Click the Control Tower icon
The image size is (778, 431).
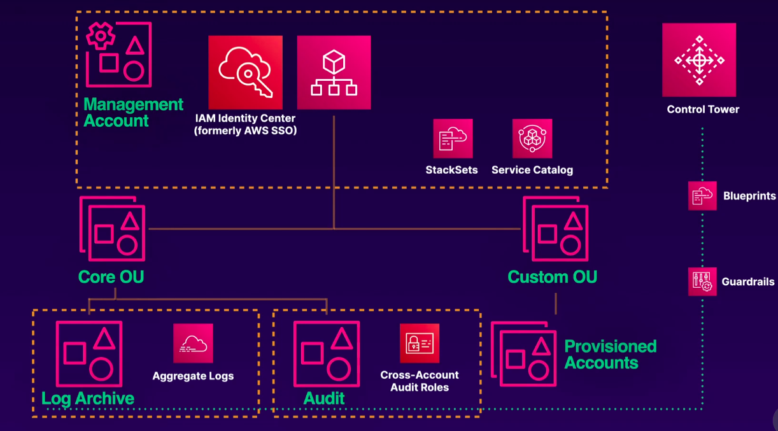coord(699,60)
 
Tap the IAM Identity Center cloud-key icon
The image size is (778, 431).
coord(245,72)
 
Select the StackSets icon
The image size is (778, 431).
coord(453,138)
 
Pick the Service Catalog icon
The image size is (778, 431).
coord(532,138)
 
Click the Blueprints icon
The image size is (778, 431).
coord(702,196)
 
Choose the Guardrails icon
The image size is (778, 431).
coord(702,281)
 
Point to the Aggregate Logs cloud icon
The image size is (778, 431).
coord(193,344)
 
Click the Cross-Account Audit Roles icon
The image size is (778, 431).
coord(419,344)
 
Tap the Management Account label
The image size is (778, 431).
coord(133,113)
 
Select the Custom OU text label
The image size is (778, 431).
coord(552,277)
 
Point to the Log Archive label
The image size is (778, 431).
coord(88,399)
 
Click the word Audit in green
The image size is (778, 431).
coord(324,399)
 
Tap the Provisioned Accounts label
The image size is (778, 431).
coord(610,355)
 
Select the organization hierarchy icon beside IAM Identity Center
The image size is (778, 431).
coord(334,72)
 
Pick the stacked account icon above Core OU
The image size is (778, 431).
coord(113,229)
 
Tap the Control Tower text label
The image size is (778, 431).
coord(703,110)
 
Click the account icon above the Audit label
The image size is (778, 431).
coord(326,354)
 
